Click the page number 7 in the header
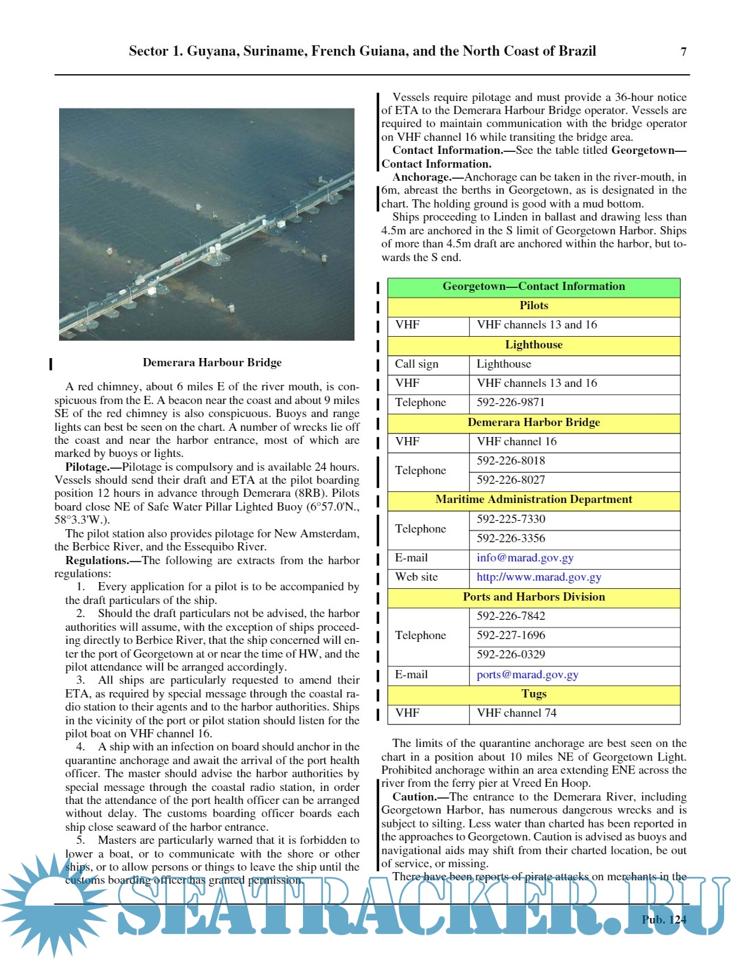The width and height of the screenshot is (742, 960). (683, 52)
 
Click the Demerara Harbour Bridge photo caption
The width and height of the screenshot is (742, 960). (212, 362)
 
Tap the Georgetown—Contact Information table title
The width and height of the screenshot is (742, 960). (533, 287)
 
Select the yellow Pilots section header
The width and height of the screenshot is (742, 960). (533, 306)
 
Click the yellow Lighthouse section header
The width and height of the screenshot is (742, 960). (533, 345)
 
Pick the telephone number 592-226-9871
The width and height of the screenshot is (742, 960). (510, 403)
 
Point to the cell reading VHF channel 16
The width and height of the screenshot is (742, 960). (517, 442)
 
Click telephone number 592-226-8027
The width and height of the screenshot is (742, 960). (510, 480)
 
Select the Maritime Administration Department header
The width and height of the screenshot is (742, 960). (533, 500)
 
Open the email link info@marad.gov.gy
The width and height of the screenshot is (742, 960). (525, 558)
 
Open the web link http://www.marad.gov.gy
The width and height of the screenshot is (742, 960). (539, 577)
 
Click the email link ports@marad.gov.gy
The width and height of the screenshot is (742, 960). (527, 675)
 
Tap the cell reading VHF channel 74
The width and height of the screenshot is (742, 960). (517, 713)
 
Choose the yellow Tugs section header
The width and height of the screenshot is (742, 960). (533, 694)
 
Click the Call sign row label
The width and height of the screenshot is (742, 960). (416, 364)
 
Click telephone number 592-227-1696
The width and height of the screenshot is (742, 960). (510, 636)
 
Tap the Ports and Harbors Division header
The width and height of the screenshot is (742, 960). (533, 597)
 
